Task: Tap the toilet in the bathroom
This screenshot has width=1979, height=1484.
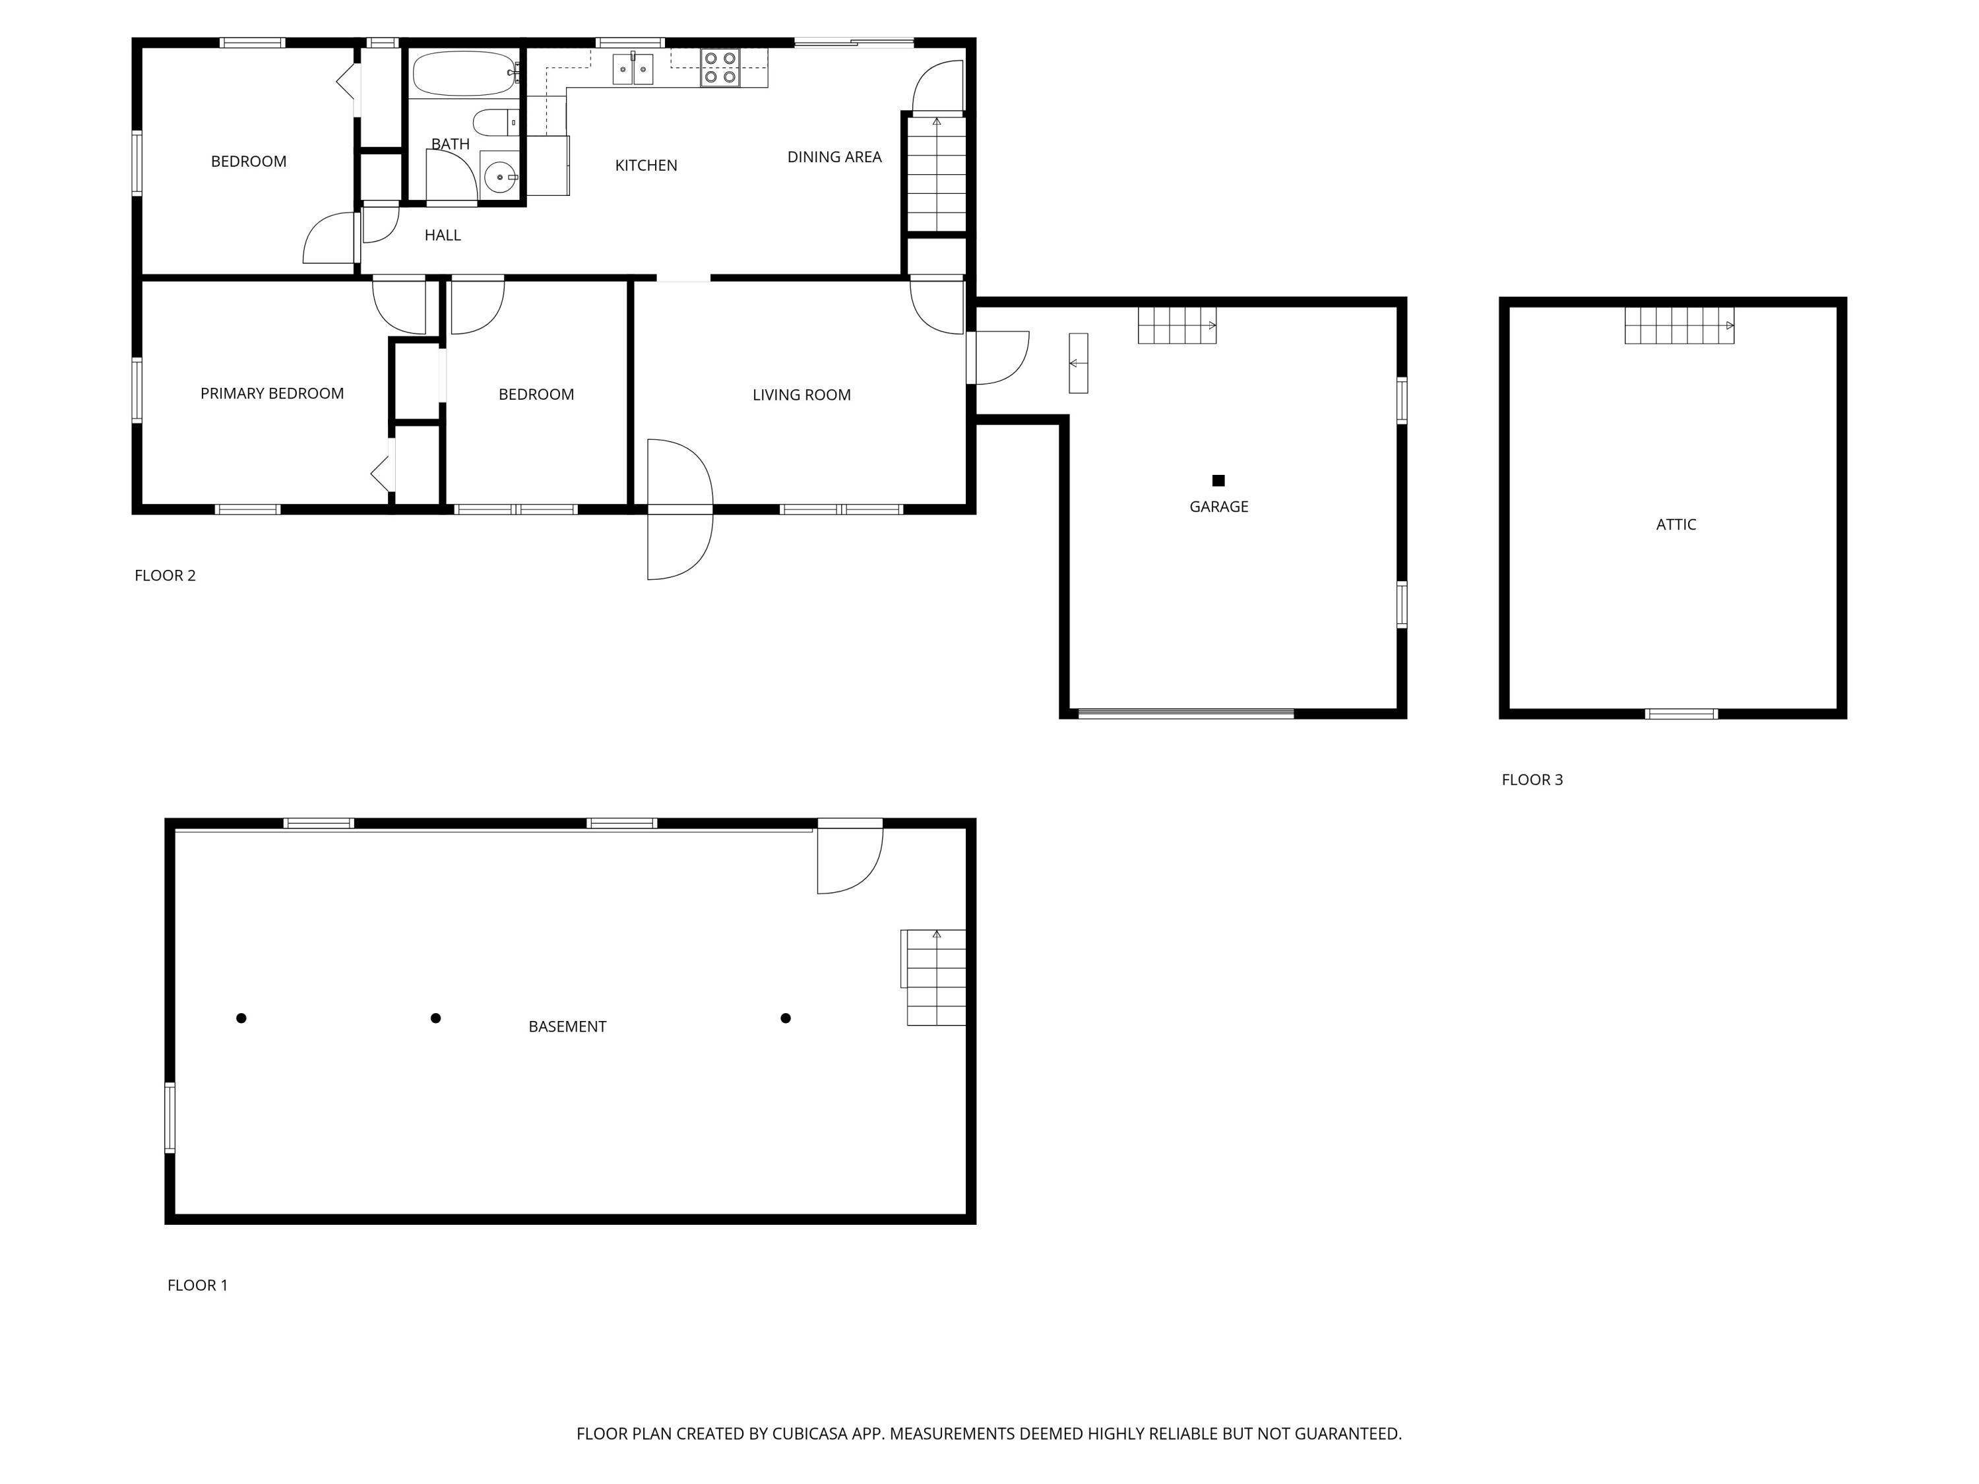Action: click(493, 123)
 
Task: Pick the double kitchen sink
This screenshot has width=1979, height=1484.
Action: click(633, 69)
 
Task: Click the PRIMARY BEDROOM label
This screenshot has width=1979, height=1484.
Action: click(272, 394)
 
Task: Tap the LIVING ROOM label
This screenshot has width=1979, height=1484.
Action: click(801, 395)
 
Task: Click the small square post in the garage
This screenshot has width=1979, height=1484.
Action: click(1218, 480)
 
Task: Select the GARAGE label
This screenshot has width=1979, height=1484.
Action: click(1218, 507)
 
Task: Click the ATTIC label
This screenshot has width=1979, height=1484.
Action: click(1676, 525)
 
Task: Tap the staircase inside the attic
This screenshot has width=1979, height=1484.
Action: click(1678, 326)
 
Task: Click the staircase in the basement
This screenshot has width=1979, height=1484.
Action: click(935, 977)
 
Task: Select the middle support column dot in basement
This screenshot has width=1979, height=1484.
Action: click(435, 1018)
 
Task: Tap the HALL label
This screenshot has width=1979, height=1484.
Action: click(442, 236)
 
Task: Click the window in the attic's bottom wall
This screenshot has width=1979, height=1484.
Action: click(1681, 714)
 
